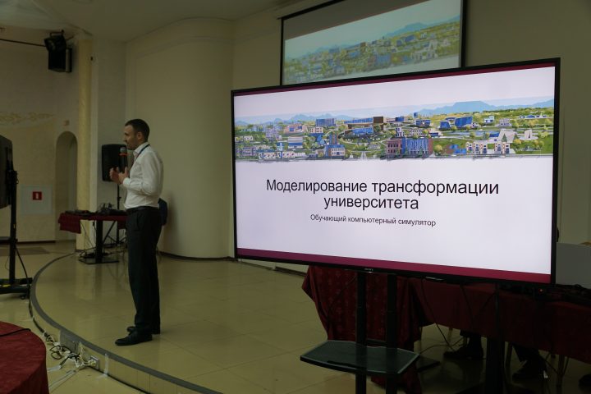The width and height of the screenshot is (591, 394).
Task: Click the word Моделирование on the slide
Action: [317, 186]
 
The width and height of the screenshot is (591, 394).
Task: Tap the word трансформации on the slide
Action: [435, 187]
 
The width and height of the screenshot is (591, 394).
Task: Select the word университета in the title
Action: [371, 203]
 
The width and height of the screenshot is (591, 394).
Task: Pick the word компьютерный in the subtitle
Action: [373, 220]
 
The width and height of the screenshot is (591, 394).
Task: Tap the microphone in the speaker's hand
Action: [123, 154]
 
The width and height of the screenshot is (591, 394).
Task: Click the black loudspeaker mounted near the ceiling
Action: [58, 53]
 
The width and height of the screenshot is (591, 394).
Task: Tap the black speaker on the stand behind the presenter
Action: [112, 163]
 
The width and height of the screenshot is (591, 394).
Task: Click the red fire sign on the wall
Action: [37, 195]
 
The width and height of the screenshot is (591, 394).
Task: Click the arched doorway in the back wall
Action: [66, 186]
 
